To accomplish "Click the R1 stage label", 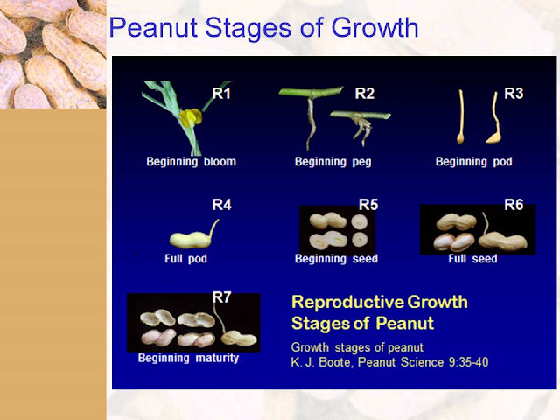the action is click(x=221, y=94).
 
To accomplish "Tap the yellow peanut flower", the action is click(x=191, y=117).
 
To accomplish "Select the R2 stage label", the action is click(x=365, y=94).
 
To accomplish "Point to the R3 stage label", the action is click(x=514, y=94).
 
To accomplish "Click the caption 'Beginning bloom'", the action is click(x=192, y=162).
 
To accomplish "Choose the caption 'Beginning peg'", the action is click(x=333, y=162).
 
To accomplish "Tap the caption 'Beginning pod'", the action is click(x=474, y=162).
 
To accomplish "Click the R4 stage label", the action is click(x=221, y=205).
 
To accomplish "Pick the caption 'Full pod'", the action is click(x=186, y=259).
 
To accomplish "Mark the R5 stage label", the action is click(x=368, y=205).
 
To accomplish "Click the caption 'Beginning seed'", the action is click(x=336, y=259).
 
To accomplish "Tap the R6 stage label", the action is click(x=514, y=205).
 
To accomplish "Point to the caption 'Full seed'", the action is click(x=472, y=259).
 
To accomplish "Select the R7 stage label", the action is click(x=221, y=297).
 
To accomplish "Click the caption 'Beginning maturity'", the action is click(x=189, y=358).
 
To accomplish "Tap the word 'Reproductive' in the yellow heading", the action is click(x=347, y=303).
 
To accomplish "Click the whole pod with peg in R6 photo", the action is click(x=503, y=239).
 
